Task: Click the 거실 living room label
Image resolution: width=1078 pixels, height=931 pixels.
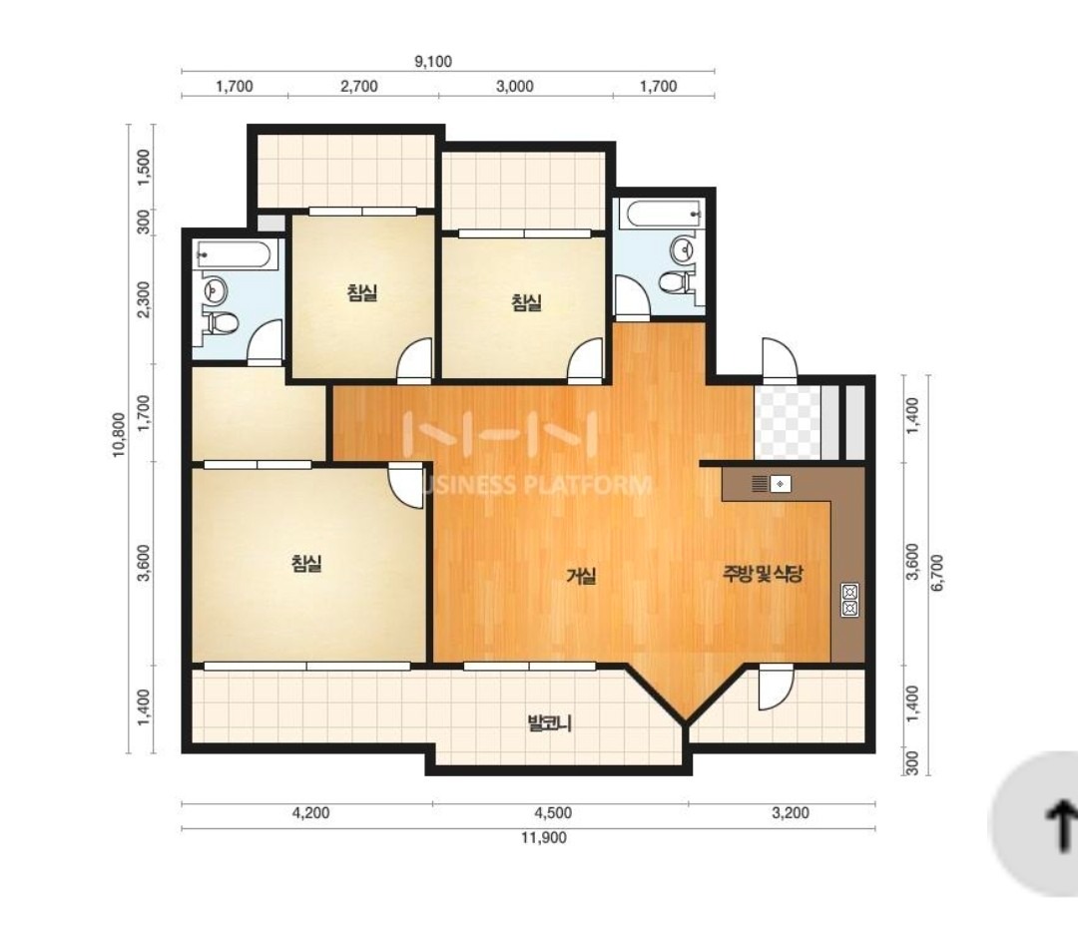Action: click(x=581, y=576)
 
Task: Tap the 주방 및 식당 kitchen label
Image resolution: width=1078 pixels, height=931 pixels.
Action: click(x=763, y=573)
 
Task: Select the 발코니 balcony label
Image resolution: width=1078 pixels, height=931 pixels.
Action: click(x=549, y=722)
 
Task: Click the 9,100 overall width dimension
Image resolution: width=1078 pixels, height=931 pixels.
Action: click(x=433, y=61)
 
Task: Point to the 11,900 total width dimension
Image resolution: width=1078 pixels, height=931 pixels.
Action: click(x=544, y=837)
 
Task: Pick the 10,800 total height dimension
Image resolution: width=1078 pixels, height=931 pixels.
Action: click(x=120, y=434)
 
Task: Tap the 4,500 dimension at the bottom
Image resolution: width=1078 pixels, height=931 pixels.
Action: click(x=553, y=813)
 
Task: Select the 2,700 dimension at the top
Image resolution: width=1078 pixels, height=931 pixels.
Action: click(x=359, y=86)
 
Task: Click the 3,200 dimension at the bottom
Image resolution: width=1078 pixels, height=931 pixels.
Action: click(x=791, y=813)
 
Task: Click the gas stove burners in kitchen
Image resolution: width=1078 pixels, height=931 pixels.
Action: click(x=849, y=600)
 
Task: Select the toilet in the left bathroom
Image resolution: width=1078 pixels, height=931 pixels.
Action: click(x=222, y=321)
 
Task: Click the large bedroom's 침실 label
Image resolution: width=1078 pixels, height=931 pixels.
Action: click(x=306, y=564)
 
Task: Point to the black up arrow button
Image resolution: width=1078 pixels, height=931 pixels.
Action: click(x=1060, y=826)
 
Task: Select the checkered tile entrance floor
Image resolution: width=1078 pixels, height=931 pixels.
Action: click(x=789, y=422)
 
